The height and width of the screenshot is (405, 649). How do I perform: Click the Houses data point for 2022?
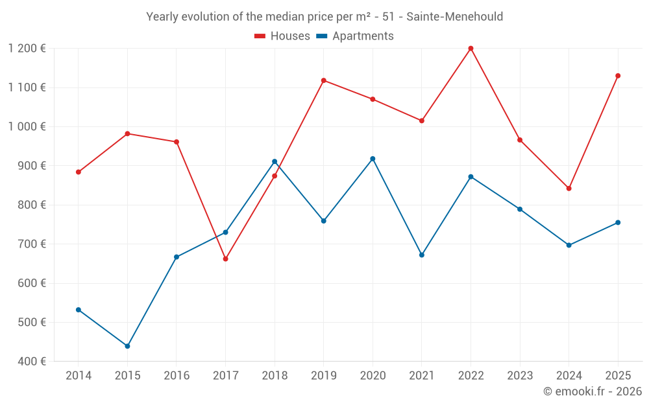click(x=471, y=49)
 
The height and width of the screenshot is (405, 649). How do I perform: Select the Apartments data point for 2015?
click(x=127, y=346)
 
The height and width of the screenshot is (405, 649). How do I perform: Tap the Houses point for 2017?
click(x=225, y=259)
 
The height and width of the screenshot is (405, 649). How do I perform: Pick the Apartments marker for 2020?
click(x=373, y=159)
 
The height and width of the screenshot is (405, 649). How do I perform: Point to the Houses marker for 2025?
click(x=618, y=76)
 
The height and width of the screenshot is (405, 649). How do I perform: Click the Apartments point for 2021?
click(x=422, y=255)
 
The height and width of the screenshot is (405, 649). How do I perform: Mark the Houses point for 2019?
click(x=324, y=80)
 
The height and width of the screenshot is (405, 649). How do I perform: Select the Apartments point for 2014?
click(x=79, y=310)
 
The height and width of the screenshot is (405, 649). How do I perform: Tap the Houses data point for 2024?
click(x=569, y=189)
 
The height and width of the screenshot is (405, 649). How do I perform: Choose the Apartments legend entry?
click(x=363, y=36)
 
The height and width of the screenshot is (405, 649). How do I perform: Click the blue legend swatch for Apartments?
click(x=321, y=36)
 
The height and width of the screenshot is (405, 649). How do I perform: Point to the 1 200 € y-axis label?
click(x=27, y=49)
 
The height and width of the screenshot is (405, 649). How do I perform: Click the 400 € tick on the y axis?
click(x=32, y=362)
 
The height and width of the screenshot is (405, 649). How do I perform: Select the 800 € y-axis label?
click(x=32, y=205)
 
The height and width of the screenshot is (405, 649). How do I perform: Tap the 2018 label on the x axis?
click(x=275, y=376)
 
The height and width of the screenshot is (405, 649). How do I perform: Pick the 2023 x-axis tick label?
click(x=520, y=376)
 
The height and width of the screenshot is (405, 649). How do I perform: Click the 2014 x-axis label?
click(x=79, y=376)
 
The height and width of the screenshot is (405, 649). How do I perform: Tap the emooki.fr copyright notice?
click(x=592, y=391)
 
